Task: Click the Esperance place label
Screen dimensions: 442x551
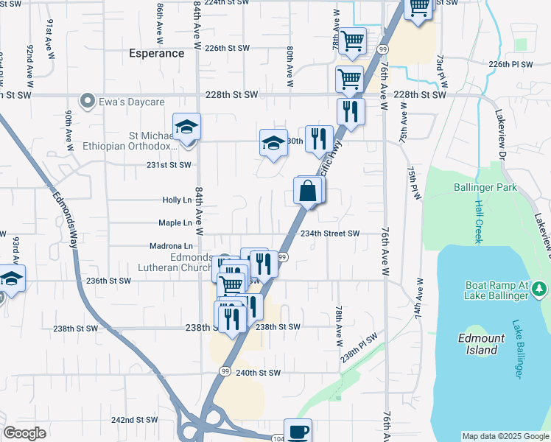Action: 156,53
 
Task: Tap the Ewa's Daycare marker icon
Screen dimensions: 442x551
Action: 88,102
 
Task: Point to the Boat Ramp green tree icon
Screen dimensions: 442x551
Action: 539,286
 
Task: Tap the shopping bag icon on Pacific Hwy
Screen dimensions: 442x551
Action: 308,192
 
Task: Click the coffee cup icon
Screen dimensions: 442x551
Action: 298,432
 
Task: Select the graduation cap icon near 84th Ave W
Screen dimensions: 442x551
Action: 187,127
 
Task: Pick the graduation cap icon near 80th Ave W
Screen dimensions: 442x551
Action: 273,143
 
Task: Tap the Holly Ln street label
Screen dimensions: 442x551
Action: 177,200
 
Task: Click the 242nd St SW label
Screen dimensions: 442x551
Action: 135,420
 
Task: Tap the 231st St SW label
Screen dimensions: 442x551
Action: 169,165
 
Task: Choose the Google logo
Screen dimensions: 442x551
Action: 25,433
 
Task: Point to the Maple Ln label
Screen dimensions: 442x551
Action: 175,222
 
